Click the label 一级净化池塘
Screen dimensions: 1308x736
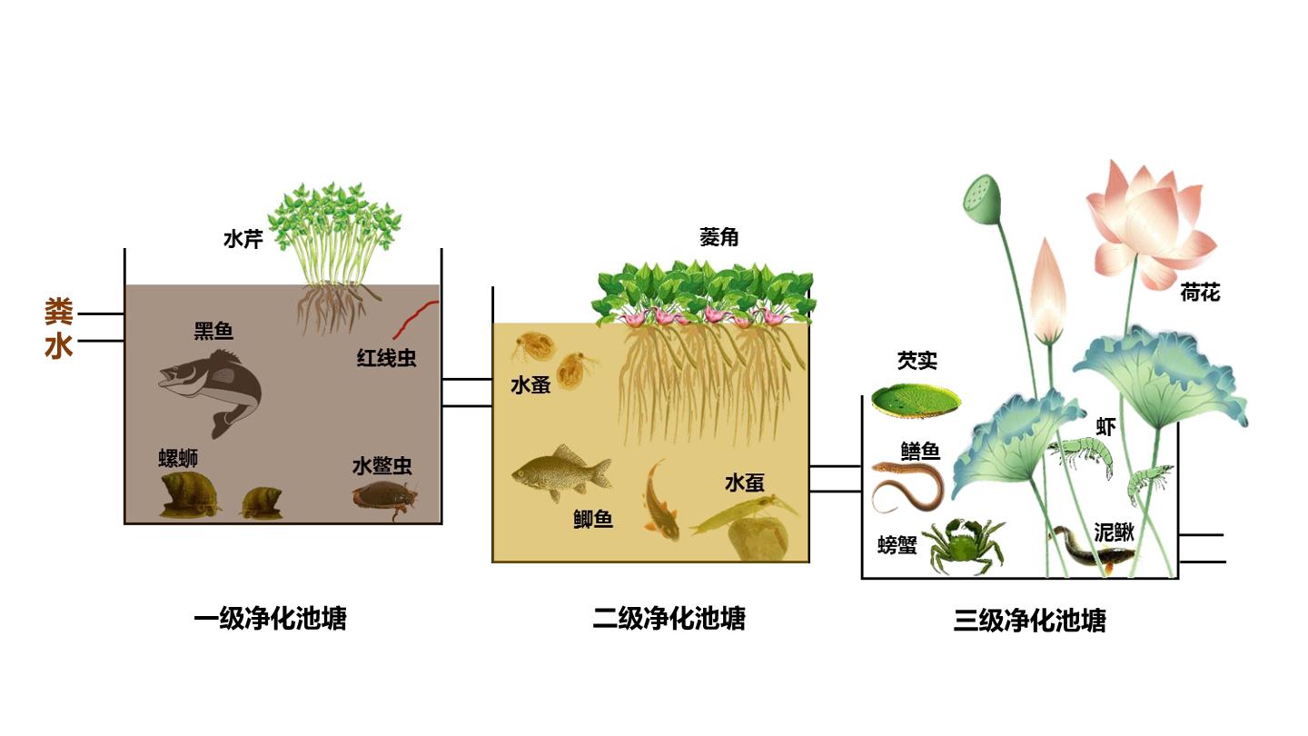(x=271, y=619)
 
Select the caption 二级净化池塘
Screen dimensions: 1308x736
(x=669, y=619)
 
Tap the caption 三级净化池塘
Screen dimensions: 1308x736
(x=1030, y=621)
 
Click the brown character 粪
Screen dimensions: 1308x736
(x=58, y=312)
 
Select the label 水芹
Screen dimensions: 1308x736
(x=243, y=239)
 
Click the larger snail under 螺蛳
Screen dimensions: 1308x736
(x=190, y=495)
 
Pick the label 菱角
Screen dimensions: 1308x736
(x=718, y=237)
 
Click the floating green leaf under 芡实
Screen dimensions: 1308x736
(x=916, y=400)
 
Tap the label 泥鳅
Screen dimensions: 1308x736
(x=1115, y=532)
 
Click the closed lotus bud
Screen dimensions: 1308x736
(x=1049, y=291)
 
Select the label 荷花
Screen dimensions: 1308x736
(x=1200, y=293)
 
